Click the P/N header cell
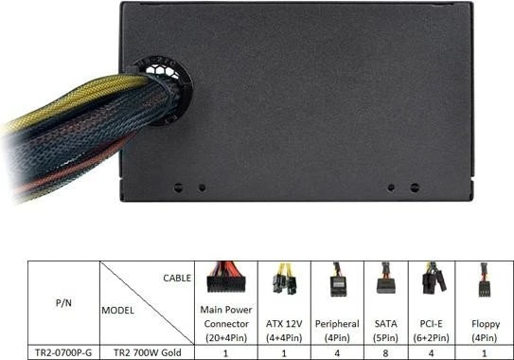tap(63, 302)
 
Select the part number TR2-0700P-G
tap(63, 352)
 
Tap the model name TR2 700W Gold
tap(147, 352)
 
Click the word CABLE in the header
tap(177, 278)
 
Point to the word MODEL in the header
tap(117, 311)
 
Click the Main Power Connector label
tap(226, 324)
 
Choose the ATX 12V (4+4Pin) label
tap(284, 331)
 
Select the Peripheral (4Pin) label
tap(337, 331)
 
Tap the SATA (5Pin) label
tap(386, 331)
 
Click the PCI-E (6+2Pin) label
tap(431, 331)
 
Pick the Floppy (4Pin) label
tap(486, 331)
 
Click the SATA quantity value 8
tap(386, 353)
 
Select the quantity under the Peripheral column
tap(337, 353)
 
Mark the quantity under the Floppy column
tap(485, 353)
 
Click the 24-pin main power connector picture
tap(226, 278)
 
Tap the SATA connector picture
tap(386, 279)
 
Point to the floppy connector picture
tap(485, 279)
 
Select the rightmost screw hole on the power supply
tap(415, 188)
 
